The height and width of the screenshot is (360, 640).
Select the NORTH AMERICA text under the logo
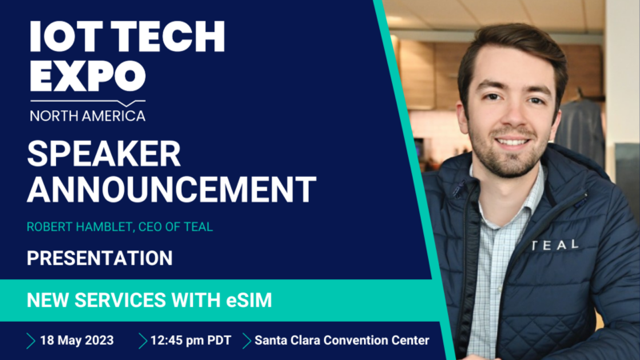87,115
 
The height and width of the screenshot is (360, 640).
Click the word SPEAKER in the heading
104,154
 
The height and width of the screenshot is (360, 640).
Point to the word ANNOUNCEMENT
171,190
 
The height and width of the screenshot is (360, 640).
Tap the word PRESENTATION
100,258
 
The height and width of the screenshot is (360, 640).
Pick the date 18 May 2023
77,340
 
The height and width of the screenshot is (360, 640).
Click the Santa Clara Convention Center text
342,340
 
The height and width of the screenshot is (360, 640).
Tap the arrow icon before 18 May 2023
31,340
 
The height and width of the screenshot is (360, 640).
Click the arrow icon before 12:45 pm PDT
142,340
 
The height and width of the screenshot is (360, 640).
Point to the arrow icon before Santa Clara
246,340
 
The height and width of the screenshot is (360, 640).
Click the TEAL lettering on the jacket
554,245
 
